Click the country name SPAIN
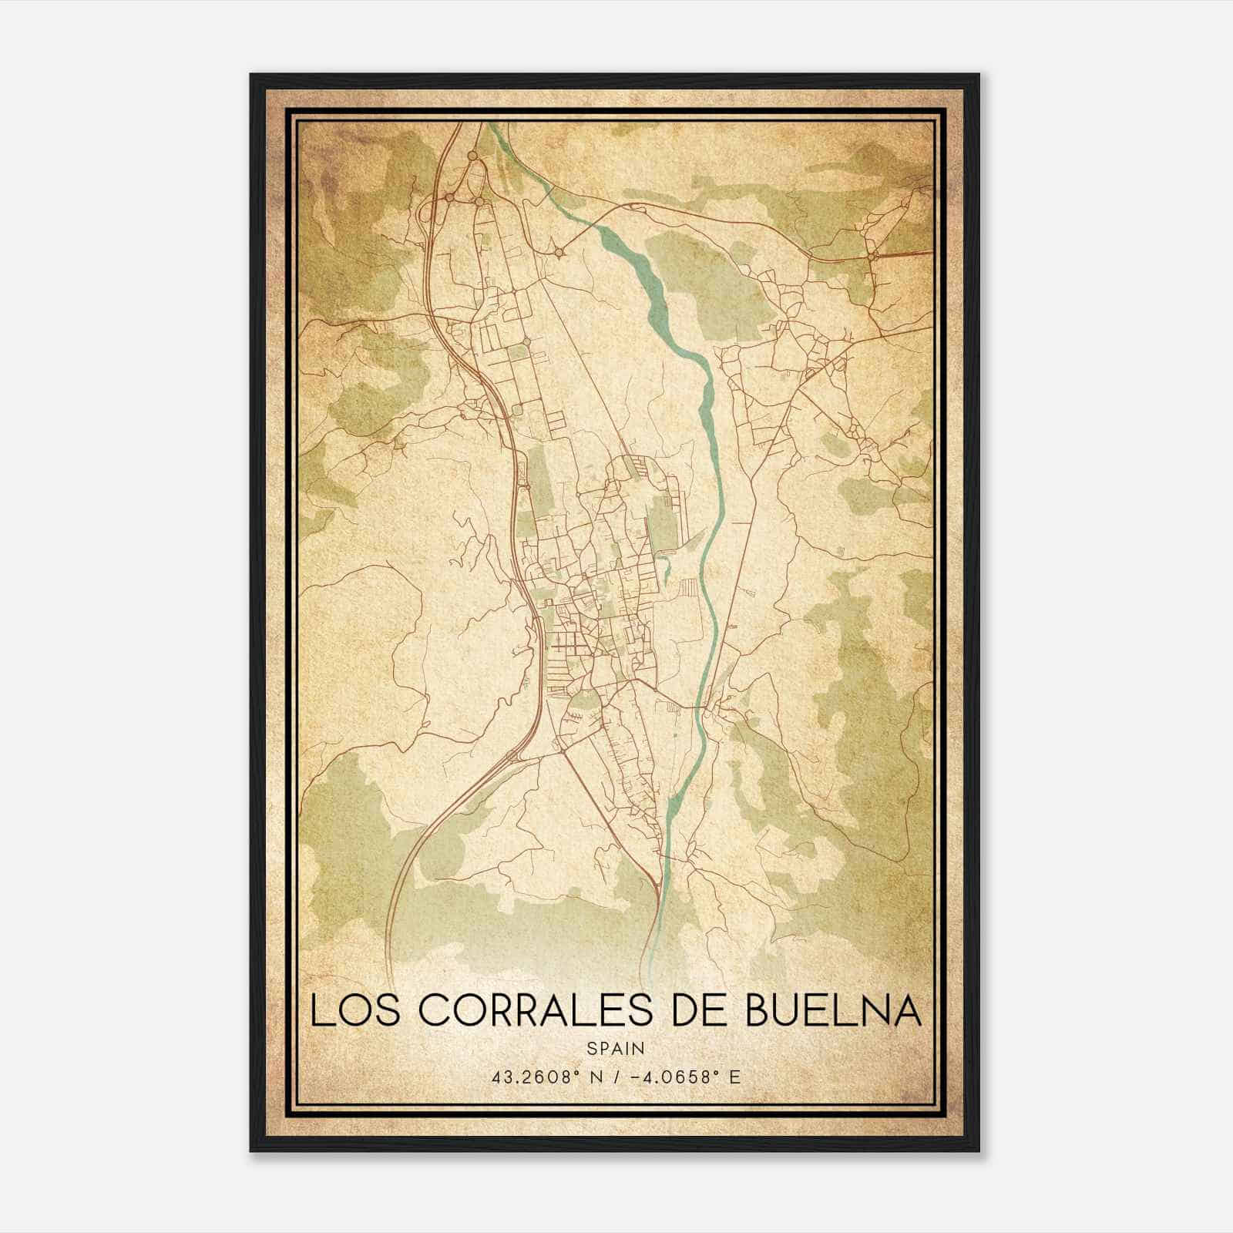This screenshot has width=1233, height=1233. pos(615,1048)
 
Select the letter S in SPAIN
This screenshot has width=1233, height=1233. pos(590,1048)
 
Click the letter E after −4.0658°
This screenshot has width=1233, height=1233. pos(736,1077)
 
